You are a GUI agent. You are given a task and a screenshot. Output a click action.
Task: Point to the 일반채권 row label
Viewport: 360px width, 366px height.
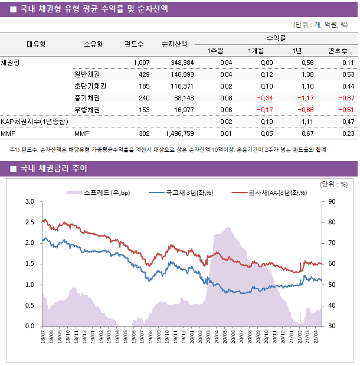87,74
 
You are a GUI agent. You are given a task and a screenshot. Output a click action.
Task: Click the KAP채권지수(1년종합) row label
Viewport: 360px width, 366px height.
34,122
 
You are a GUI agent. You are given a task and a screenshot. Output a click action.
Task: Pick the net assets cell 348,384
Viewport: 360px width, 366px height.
181,63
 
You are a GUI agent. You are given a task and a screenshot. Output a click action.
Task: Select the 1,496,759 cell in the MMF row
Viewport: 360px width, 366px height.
179,133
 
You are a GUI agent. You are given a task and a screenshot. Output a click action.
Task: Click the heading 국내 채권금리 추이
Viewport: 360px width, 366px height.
54,169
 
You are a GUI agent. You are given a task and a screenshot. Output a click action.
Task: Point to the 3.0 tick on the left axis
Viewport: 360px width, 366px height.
30,202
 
